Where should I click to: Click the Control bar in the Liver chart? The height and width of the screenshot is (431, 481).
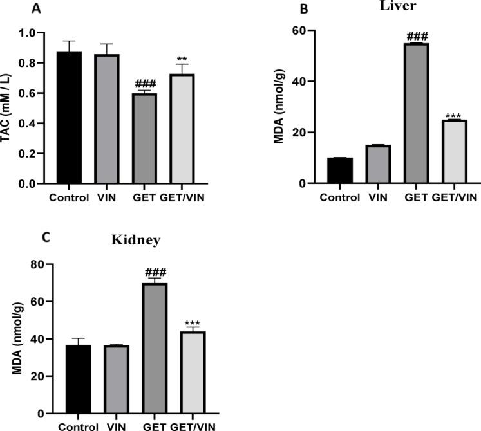339,170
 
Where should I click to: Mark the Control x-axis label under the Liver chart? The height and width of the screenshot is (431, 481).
339,197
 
